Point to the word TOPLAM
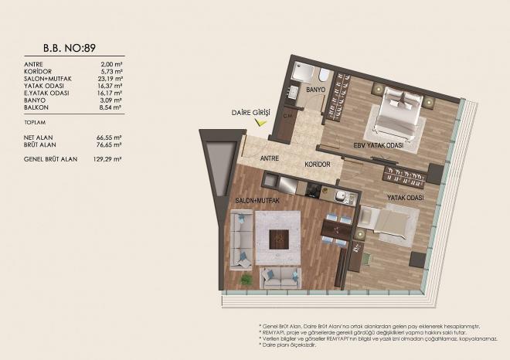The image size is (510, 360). (x=35, y=122)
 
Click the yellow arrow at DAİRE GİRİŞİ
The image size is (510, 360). (x=262, y=121)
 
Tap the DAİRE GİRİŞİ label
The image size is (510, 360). (x=250, y=111)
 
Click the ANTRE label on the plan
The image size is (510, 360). (x=270, y=159)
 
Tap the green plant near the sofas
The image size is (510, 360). (x=246, y=278)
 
